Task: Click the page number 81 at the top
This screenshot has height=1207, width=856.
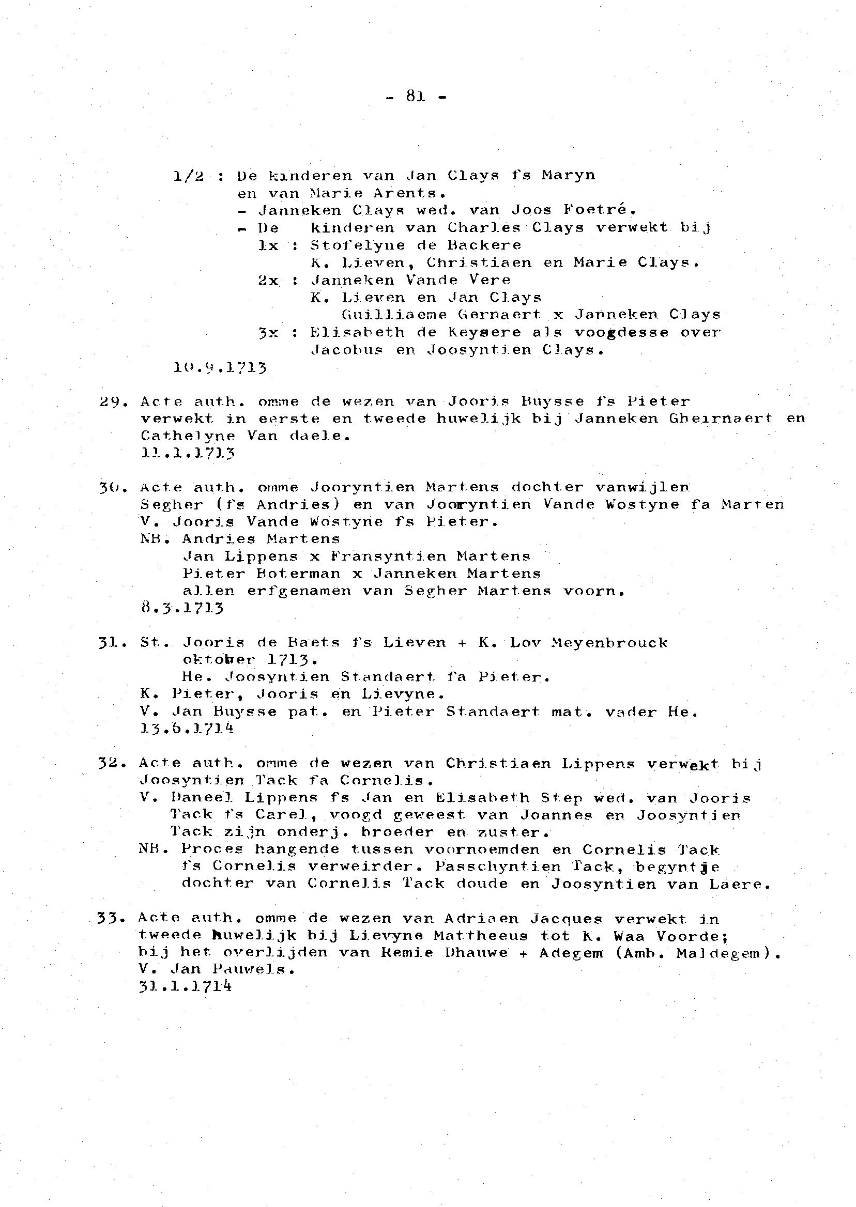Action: (x=417, y=97)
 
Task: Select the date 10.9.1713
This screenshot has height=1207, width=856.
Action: (x=220, y=367)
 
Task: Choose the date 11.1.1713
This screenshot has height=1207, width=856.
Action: (x=188, y=453)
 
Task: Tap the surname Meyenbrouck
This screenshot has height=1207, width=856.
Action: (x=609, y=643)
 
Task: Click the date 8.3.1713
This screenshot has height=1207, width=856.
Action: (x=182, y=608)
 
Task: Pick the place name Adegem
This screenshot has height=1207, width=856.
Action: (x=571, y=953)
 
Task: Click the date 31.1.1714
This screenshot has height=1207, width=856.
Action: (x=185, y=986)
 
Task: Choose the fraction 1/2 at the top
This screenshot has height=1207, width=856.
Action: (x=188, y=176)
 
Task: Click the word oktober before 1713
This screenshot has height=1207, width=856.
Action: (x=219, y=660)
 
